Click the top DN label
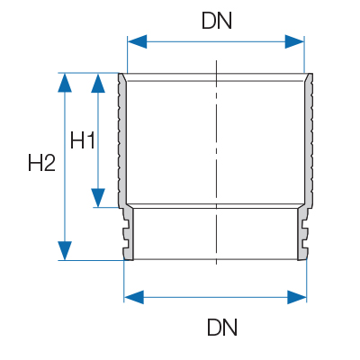tap(217, 21)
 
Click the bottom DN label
tap(222, 327)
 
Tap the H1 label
tap(83, 140)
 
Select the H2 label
tap(41, 163)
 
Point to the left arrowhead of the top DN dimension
tap(137, 41)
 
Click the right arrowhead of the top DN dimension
tap(294, 41)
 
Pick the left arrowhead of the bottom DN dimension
tap(134, 297)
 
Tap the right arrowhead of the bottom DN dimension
tap(297, 297)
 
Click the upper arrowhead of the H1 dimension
tap(98, 83)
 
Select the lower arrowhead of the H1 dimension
tap(98, 198)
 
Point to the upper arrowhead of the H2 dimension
tap(65, 83)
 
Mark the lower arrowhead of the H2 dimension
tap(65, 250)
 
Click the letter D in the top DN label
tap(209, 21)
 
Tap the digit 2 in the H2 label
tap(49, 163)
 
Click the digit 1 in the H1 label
tap(91, 140)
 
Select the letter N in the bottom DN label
tap(230, 327)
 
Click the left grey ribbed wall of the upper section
tap(122, 141)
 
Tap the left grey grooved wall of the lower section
tap(128, 233)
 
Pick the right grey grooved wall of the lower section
tap(302, 233)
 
